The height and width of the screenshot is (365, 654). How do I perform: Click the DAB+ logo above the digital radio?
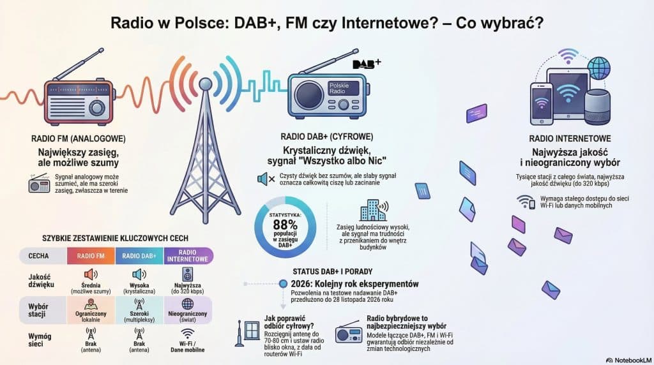pos(367,63)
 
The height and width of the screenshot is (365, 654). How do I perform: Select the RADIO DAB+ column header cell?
pos(140,256)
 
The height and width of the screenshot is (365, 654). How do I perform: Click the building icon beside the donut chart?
pos(373,211)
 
